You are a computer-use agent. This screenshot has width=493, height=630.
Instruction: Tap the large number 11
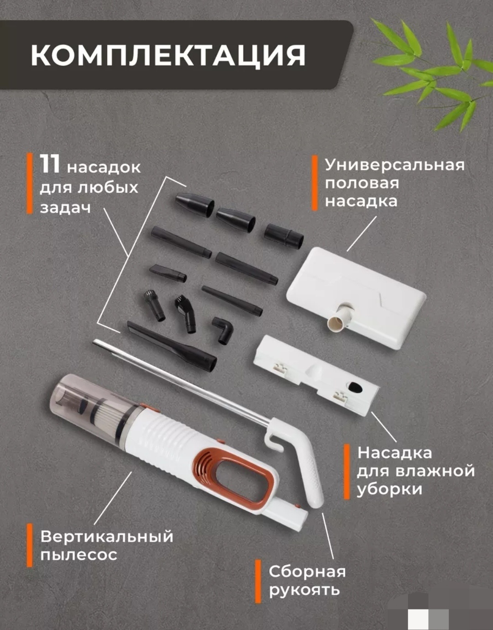(50, 164)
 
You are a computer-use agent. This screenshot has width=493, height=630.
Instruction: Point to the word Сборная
(307, 572)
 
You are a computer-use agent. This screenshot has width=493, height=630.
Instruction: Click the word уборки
(389, 489)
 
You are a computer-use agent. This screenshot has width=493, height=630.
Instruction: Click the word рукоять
(304, 590)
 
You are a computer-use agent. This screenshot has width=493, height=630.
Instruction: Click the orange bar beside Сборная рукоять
(257, 582)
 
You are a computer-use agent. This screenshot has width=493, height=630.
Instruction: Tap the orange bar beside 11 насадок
(29, 183)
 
